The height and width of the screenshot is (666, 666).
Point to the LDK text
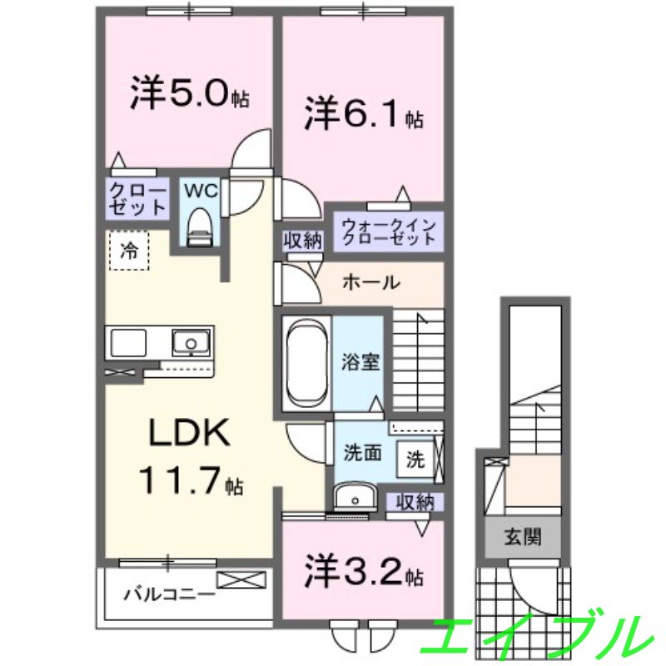(x=188, y=433)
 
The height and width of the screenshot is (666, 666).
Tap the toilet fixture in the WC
(x=200, y=226)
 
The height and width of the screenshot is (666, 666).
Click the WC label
(x=201, y=191)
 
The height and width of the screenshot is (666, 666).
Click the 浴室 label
(x=360, y=362)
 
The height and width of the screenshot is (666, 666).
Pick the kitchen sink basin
(x=191, y=342)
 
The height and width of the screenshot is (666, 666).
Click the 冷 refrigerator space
(x=128, y=251)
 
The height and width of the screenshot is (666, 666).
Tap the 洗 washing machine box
(x=414, y=458)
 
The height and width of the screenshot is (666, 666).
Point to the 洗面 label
(x=363, y=454)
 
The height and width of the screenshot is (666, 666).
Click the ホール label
(x=371, y=283)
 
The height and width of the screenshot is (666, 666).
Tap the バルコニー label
(x=170, y=594)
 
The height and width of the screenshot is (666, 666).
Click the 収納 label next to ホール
(x=301, y=241)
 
